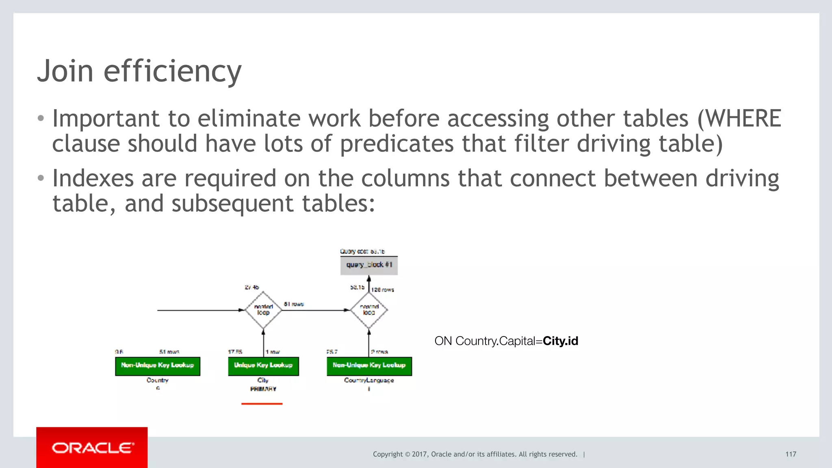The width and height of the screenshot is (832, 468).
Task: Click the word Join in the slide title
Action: point(65,71)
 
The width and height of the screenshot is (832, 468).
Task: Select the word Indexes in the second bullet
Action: point(93,179)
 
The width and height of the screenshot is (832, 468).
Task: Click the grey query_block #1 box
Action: point(369,265)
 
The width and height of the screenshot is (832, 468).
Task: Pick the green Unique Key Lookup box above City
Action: point(263,366)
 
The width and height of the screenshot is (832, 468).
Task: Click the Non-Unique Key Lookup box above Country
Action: point(158,366)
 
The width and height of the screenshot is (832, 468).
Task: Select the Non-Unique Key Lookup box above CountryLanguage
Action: point(369,366)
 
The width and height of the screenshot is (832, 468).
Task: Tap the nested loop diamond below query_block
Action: point(369,310)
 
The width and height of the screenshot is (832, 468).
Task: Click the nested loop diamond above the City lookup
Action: point(263,310)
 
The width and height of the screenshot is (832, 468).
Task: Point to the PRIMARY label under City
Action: point(263,389)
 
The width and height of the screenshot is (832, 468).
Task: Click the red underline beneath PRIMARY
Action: point(262,403)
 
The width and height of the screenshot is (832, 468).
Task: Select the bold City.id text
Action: point(560,341)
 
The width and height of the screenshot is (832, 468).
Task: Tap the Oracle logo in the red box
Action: point(93,448)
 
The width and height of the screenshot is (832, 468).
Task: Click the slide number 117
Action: point(791,454)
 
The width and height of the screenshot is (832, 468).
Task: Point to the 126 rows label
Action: point(382,290)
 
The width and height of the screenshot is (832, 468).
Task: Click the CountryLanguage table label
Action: point(369,380)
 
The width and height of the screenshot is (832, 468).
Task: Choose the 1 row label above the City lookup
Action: point(273,352)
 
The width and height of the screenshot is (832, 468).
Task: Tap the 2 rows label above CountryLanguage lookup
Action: point(379,352)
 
